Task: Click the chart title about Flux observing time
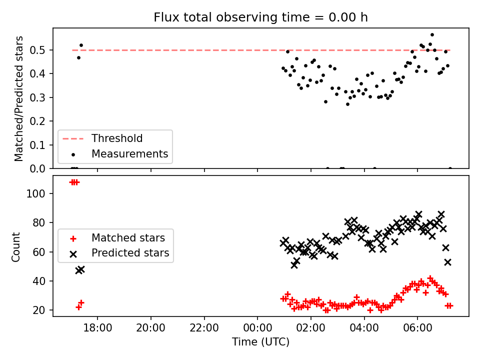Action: coord(260,17)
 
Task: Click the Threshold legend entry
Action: coord(102,138)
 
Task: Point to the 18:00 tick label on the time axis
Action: coord(97,328)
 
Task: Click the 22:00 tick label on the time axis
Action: coord(204,328)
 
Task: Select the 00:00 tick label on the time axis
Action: coord(257,328)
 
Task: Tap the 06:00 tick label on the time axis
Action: coord(417,328)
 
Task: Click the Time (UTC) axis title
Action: coord(260,341)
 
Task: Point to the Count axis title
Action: coord(15,247)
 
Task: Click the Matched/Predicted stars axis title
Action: coord(18,98)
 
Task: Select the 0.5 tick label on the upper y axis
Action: coord(37,50)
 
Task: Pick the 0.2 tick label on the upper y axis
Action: coord(37,121)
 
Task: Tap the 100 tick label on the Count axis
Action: coord(35,194)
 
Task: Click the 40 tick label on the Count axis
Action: coord(39,281)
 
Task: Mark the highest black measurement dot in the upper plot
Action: coord(432,35)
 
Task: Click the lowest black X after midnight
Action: coord(294,265)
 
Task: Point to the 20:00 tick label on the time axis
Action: coord(150,328)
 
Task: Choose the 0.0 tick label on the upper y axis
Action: coord(37,168)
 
